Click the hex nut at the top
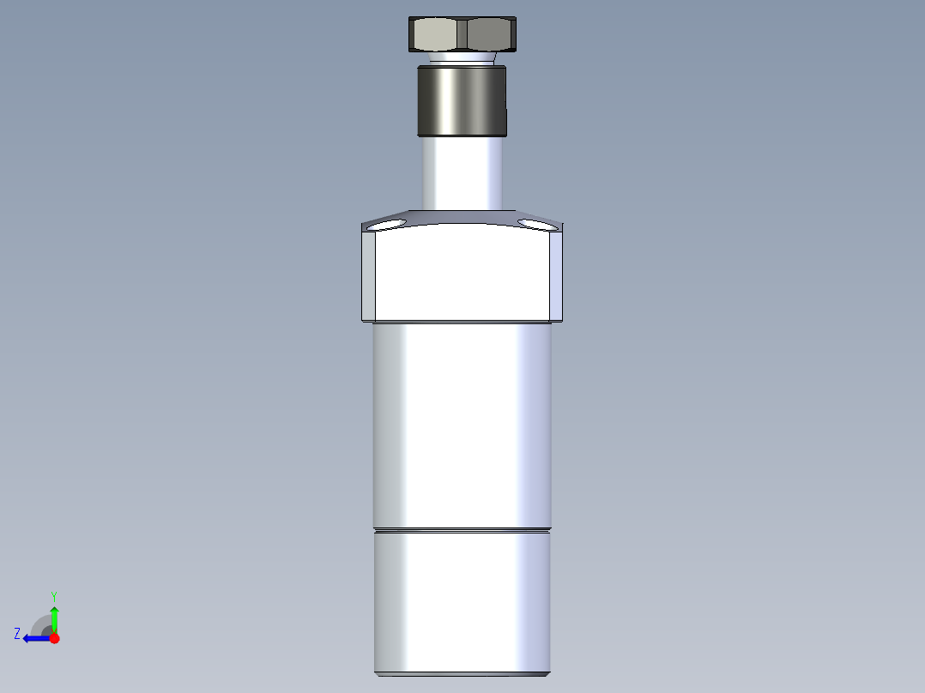[x=461, y=34]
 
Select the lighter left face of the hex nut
[x=436, y=35]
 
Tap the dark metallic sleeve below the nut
[x=462, y=100]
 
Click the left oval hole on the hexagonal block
[x=389, y=225]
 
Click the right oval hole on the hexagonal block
[x=535, y=225]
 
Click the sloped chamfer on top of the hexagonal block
[x=462, y=217]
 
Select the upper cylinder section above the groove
[x=462, y=425]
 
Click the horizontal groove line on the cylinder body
[x=462, y=529]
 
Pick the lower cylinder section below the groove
[x=462, y=600]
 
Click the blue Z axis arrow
[x=35, y=638]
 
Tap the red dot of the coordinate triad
[x=54, y=638]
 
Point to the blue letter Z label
[x=17, y=634]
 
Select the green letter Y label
[x=53, y=595]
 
